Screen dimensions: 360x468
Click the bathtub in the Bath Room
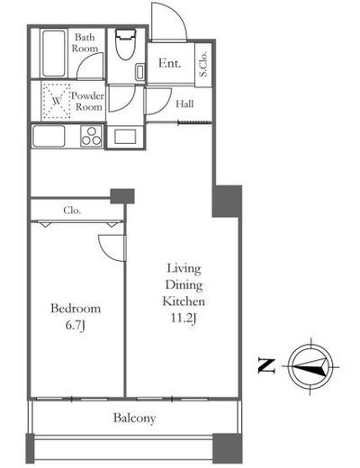click(54, 53)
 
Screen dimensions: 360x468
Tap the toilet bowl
click(126, 44)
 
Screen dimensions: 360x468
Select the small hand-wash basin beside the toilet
click(140, 72)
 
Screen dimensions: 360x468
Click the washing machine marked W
click(57, 101)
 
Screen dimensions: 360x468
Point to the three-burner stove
click(92, 136)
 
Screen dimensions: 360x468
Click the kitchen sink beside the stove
click(49, 136)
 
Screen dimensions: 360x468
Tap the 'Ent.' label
click(170, 63)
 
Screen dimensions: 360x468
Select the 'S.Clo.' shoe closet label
click(203, 64)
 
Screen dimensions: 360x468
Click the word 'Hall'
click(184, 104)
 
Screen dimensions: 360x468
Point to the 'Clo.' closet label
click(72, 211)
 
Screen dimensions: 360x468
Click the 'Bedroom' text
click(76, 309)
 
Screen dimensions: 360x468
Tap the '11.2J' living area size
click(184, 318)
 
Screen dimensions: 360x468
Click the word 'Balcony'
click(135, 418)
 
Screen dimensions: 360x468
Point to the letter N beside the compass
click(266, 365)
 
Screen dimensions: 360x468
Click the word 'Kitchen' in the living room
click(184, 301)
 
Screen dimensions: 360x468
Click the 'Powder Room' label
click(87, 102)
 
